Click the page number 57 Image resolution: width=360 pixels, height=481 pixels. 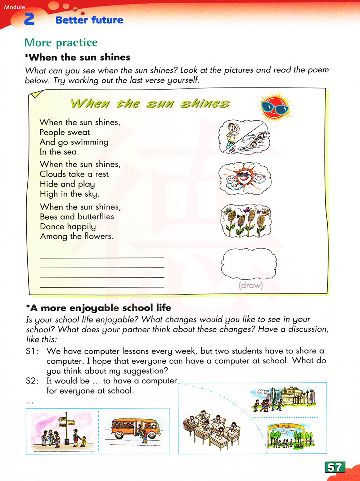(335, 467)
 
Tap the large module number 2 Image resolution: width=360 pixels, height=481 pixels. (29, 19)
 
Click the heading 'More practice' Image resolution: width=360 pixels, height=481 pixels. (61, 42)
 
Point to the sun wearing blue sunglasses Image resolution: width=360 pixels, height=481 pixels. (275, 107)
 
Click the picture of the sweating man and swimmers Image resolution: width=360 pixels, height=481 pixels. (244, 137)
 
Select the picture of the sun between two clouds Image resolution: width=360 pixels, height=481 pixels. (245, 178)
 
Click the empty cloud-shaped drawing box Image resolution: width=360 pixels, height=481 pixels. (248, 264)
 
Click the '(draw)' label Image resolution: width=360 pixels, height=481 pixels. (251, 286)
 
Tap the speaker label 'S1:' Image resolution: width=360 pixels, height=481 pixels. (32, 351)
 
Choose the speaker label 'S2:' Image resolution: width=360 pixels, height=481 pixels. (32, 381)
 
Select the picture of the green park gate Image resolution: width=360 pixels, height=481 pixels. (291, 436)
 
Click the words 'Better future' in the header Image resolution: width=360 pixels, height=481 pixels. (89, 20)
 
